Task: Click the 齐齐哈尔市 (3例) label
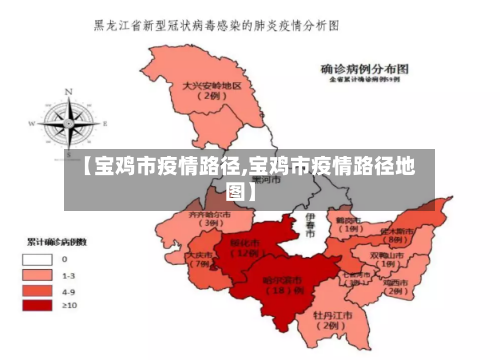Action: pyautogui.click(x=209, y=219)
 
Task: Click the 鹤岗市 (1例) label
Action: pyautogui.click(x=348, y=223)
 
